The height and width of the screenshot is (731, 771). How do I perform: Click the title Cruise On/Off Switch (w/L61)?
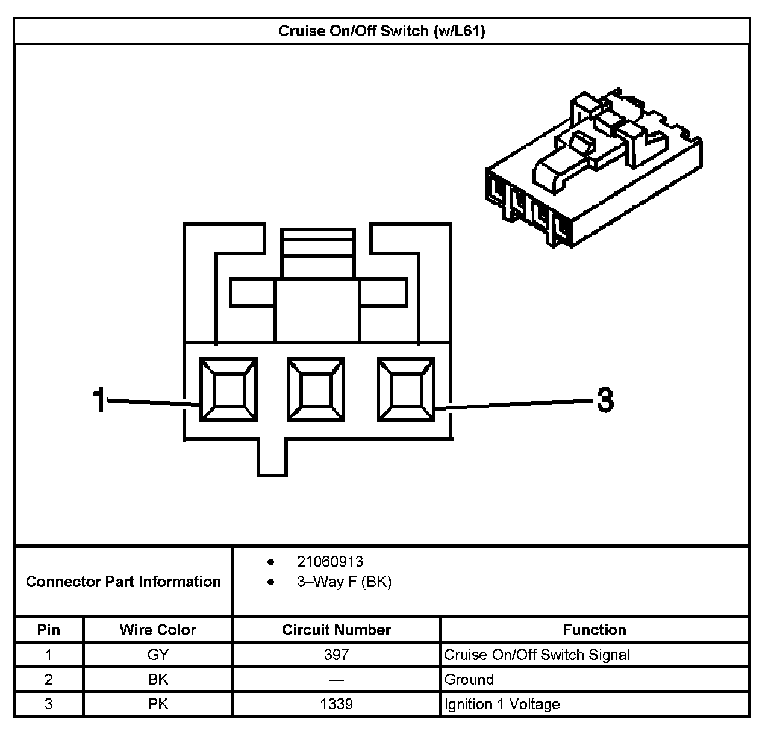(x=381, y=31)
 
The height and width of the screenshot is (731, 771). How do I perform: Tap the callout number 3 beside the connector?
(x=605, y=400)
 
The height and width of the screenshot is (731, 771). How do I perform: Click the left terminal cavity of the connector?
(x=229, y=390)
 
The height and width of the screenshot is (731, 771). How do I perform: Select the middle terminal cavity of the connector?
(x=316, y=390)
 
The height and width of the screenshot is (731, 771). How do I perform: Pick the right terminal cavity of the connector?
(x=406, y=390)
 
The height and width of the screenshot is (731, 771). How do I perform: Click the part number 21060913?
(x=330, y=562)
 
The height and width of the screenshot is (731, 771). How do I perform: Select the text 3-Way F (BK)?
(x=344, y=582)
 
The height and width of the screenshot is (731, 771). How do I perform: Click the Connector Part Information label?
(x=123, y=582)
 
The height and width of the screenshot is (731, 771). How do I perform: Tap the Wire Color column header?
(x=158, y=630)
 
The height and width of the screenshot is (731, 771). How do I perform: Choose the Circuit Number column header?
(x=337, y=630)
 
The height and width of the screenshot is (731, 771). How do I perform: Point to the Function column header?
(x=595, y=630)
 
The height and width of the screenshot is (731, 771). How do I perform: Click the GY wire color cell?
(x=158, y=655)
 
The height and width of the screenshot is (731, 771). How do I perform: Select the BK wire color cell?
(x=158, y=680)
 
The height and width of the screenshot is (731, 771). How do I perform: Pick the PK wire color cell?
(x=158, y=705)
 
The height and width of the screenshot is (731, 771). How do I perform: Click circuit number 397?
(x=337, y=655)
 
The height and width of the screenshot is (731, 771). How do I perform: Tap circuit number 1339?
(x=337, y=705)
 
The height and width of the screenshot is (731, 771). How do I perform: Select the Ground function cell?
(x=469, y=680)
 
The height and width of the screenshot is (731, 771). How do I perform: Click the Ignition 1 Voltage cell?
(x=502, y=705)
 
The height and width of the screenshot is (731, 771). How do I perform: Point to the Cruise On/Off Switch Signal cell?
(x=537, y=655)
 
